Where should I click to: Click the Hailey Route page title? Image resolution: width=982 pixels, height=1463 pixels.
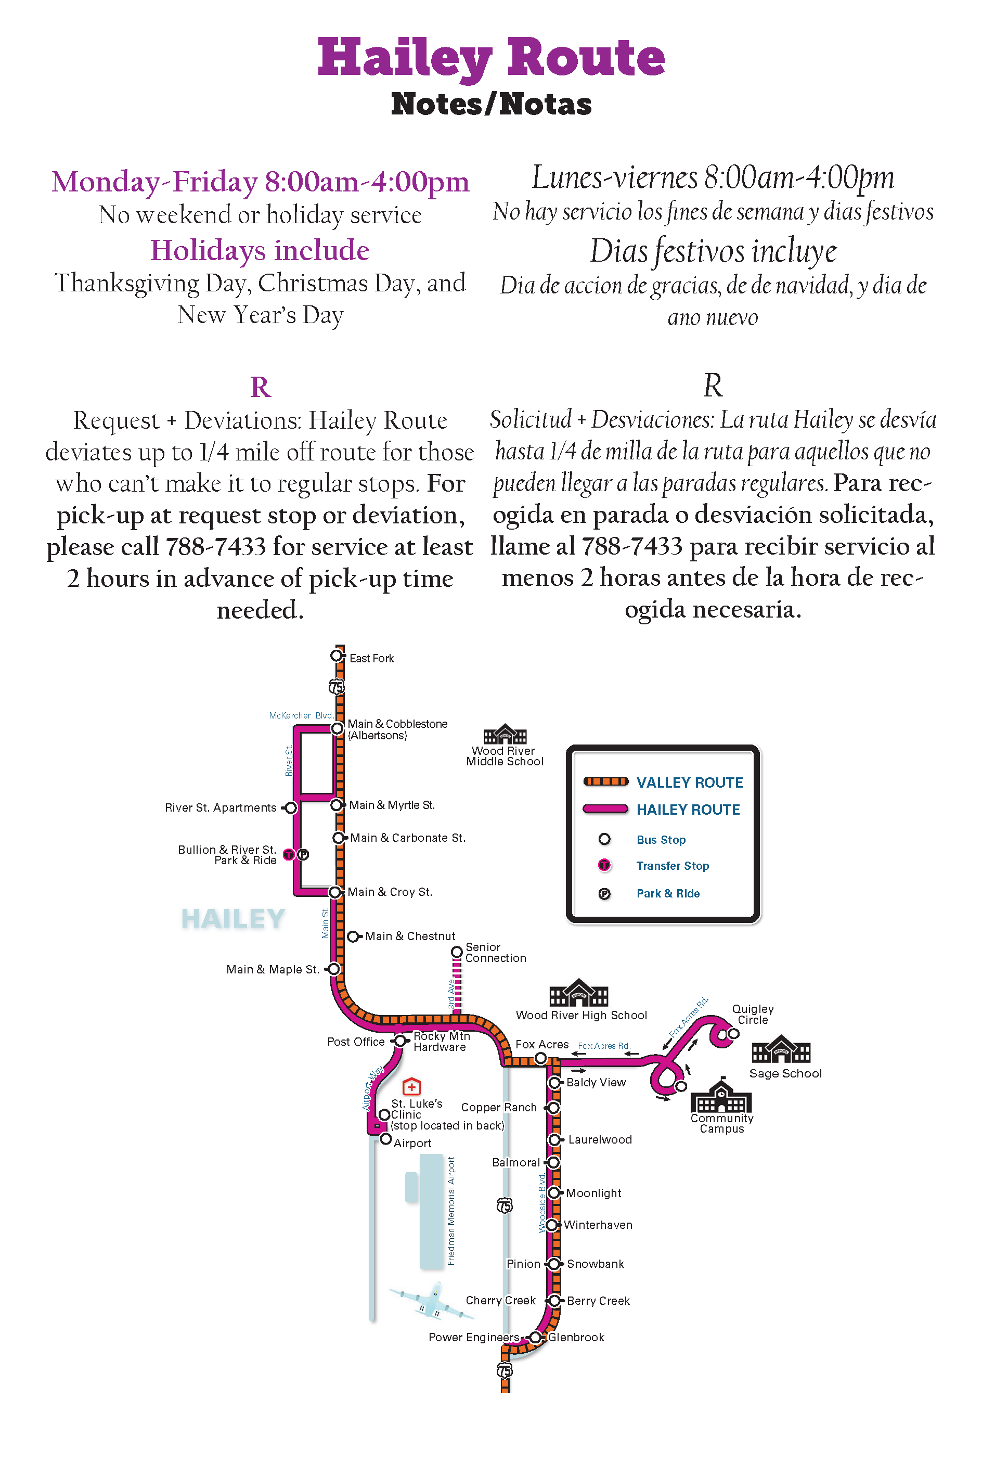pyautogui.click(x=491, y=58)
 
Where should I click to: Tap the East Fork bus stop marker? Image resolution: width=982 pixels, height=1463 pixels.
pyautogui.click(x=337, y=656)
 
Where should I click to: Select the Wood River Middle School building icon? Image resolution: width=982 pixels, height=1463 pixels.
pyautogui.click(x=505, y=734)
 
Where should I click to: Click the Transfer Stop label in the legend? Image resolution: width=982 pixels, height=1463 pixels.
pyautogui.click(x=672, y=866)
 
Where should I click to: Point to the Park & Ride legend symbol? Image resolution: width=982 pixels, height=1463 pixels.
pyautogui.click(x=604, y=894)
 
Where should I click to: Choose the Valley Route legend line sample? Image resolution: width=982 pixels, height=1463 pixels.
pyautogui.click(x=605, y=781)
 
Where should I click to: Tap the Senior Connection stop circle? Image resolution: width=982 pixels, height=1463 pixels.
pyautogui.click(x=457, y=953)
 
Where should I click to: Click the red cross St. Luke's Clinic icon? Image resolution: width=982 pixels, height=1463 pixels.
pyautogui.click(x=411, y=1087)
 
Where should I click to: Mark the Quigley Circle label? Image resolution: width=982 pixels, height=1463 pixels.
pyautogui.click(x=753, y=1014)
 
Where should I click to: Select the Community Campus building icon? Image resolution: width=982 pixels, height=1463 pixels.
pyautogui.click(x=721, y=1097)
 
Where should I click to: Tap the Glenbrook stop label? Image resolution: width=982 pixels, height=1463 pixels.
pyautogui.click(x=576, y=1337)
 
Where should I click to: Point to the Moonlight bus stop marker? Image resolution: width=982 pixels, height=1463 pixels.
pyautogui.click(x=553, y=1192)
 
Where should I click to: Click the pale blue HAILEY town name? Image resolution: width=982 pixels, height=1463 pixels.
pyautogui.click(x=233, y=919)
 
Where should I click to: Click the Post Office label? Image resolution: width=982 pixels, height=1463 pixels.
pyautogui.click(x=356, y=1042)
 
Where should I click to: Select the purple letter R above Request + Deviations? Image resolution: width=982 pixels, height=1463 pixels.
pyautogui.click(x=261, y=387)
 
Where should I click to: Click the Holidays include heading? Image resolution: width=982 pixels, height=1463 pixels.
pyautogui.click(x=260, y=250)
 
